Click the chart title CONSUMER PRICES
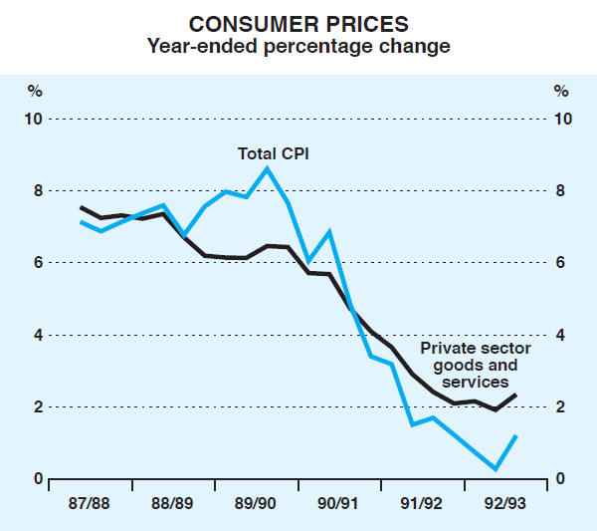(298, 23)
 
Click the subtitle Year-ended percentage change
(298, 46)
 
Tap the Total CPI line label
(272, 153)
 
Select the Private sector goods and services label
(475, 365)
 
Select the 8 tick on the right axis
(561, 191)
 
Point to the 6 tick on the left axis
(38, 263)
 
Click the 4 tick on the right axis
(561, 335)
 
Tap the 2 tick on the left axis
(38, 406)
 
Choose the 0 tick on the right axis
(561, 479)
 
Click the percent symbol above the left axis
(36, 92)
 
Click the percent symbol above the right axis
(561, 92)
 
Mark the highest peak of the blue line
(267, 168)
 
